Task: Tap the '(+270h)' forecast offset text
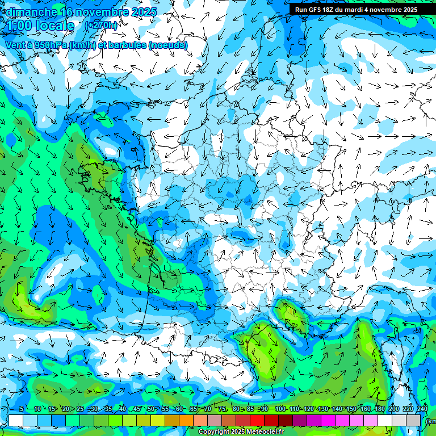101,26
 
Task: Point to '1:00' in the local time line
18,26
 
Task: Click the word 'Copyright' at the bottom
213,432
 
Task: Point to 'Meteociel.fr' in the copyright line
266,432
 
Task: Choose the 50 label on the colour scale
150,409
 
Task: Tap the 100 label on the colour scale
279,409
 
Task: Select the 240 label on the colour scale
422,409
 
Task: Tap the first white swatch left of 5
15,420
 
